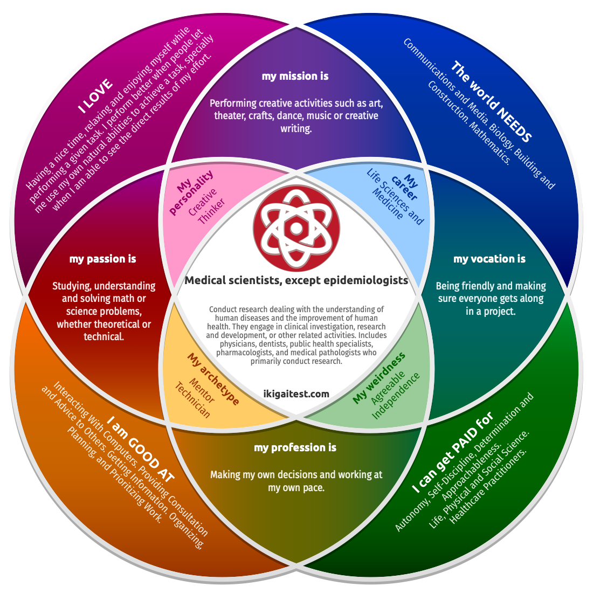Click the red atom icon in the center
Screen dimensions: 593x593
(296, 229)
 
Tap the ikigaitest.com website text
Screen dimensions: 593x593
(296, 394)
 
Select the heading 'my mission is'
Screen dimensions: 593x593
(295, 77)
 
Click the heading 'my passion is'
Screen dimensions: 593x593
(103, 259)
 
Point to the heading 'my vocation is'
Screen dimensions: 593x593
(489, 259)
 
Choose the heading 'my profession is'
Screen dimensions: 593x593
(295, 448)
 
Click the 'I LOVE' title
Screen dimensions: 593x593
(95, 96)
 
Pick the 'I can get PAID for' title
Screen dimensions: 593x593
(453, 453)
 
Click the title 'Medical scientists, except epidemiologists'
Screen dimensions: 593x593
(296, 280)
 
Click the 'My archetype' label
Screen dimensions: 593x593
(213, 379)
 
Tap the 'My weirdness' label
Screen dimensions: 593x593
(378, 378)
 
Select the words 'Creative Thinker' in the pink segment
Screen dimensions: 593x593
(207, 206)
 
